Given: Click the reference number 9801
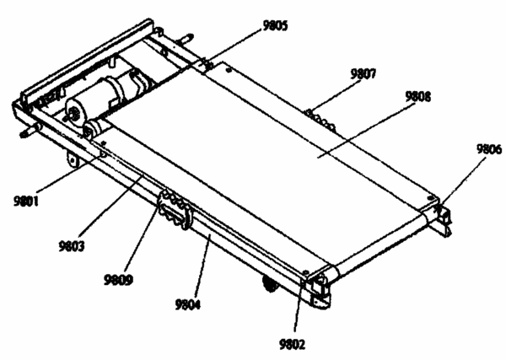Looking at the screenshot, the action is [x=26, y=201].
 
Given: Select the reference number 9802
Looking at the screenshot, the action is [x=292, y=345].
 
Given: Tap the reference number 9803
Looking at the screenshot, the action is [x=72, y=246].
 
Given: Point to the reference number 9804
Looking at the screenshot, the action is [x=188, y=304].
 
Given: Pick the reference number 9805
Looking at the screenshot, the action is [x=275, y=25].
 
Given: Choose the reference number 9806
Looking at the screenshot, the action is [x=489, y=149].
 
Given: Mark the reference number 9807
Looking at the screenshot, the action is [x=363, y=74].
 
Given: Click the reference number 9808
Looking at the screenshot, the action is [x=418, y=96].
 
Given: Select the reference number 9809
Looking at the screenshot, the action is [x=118, y=279].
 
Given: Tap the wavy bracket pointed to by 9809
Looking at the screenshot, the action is [x=175, y=210].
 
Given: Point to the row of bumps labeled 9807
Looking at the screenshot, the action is [x=320, y=121].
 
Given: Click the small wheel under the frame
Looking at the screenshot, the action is [x=270, y=283].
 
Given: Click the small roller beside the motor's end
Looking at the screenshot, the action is [x=94, y=128].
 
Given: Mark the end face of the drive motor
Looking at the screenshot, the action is [x=74, y=112].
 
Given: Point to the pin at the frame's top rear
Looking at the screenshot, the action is [x=186, y=39].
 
